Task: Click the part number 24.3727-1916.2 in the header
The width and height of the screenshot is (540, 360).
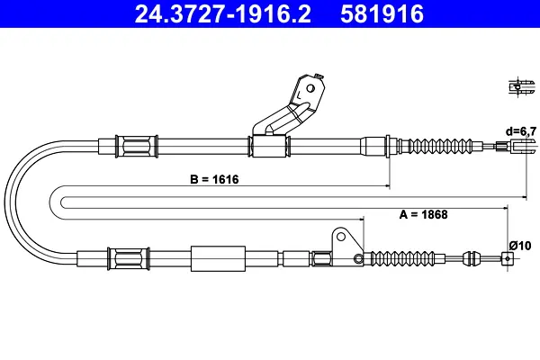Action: pos(223,14)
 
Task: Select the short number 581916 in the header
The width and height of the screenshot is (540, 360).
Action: pos(382,14)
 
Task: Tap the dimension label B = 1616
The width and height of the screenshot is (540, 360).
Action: pos(214,179)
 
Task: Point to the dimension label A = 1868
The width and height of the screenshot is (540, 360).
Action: pos(423,214)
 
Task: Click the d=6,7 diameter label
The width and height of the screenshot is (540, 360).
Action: pos(521,131)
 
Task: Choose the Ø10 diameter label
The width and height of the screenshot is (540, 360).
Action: pos(520,246)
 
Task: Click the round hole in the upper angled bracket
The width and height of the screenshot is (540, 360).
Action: pos(310,88)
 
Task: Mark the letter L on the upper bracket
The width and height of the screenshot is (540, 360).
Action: pos(299,94)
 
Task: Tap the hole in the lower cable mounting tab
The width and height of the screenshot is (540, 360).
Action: pos(340,237)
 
